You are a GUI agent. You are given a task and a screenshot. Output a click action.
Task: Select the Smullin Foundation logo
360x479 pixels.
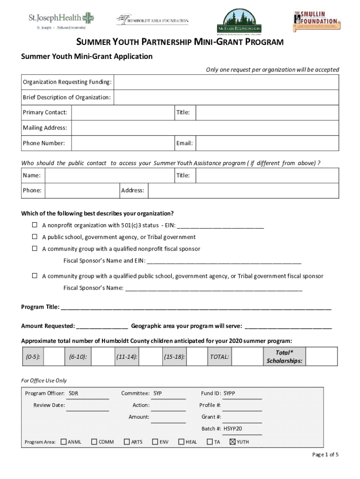coord(317,21)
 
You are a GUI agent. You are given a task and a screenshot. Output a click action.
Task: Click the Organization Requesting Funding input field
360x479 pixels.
coord(226,83)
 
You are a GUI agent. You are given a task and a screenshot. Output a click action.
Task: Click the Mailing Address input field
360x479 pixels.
coord(205,128)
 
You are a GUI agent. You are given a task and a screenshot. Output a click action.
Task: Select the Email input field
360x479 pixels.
coord(267,143)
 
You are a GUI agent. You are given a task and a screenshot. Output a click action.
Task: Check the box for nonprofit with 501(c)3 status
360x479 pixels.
coord(35,225)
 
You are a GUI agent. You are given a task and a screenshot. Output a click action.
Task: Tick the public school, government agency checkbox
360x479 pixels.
coord(35,237)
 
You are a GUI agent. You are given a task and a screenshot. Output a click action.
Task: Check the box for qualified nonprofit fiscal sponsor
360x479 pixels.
coord(35,249)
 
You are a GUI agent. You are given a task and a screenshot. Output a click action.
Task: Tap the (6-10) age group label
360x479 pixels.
coord(78,357)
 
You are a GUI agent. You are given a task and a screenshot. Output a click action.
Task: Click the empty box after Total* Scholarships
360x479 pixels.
coord(322,357)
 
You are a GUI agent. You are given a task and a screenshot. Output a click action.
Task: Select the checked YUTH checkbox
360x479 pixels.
coord(232,442)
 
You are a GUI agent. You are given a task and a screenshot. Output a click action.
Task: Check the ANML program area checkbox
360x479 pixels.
coord(64,442)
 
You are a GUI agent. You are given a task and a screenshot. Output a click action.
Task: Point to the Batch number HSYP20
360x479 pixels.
coord(232,428)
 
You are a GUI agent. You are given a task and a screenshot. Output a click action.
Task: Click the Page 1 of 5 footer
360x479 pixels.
coord(325,455)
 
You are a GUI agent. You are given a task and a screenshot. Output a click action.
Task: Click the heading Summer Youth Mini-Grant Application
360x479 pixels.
coord(87,57)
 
